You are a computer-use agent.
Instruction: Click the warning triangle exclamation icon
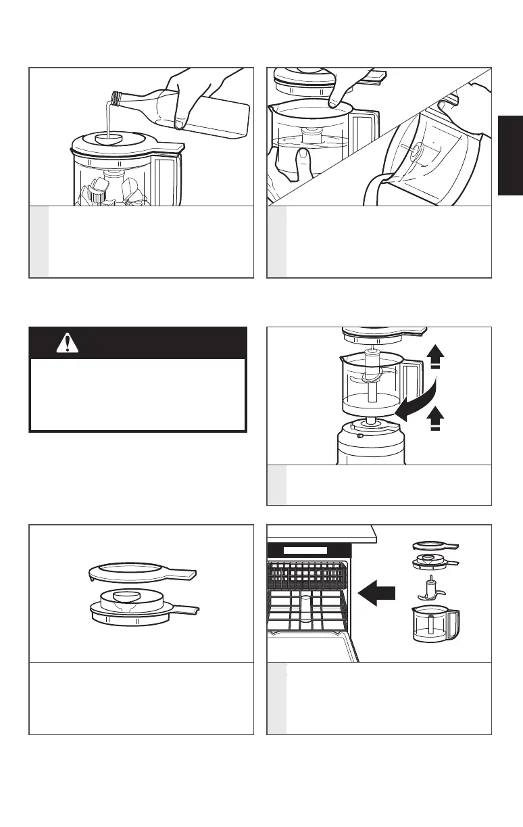[67, 344]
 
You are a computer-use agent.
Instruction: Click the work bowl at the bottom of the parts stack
[433, 626]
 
